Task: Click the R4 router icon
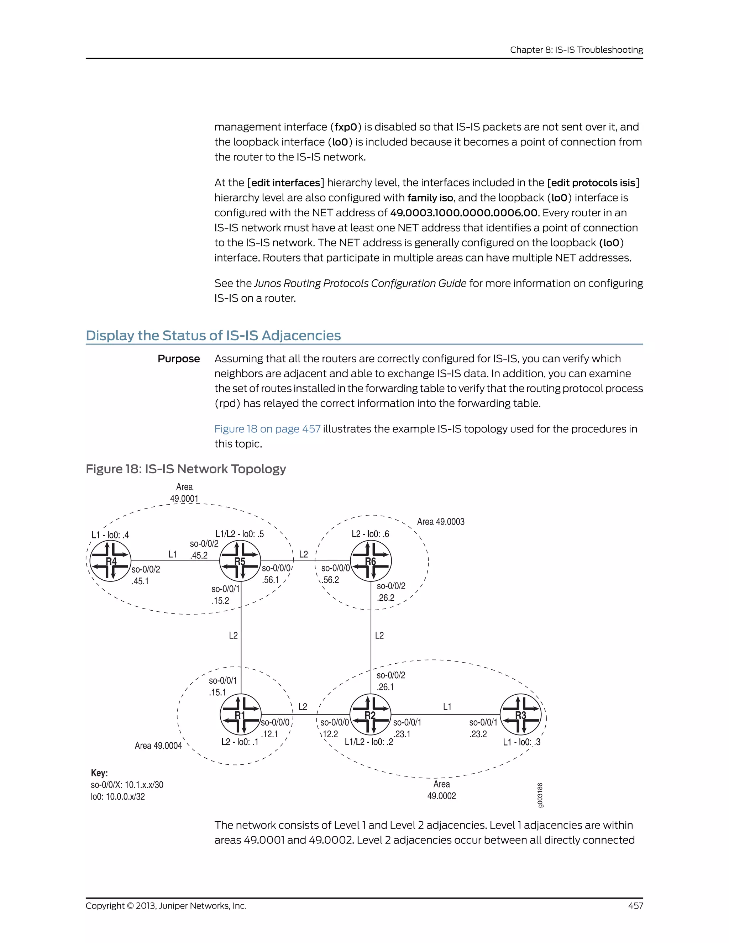tap(111, 561)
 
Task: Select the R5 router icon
tap(240, 561)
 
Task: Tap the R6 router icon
tap(371, 561)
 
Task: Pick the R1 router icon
tap(240, 715)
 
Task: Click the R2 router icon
tap(370, 715)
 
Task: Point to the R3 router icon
tap(520, 715)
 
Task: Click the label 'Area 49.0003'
tap(441, 522)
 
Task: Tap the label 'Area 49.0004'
tap(158, 746)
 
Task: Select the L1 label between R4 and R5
tap(172, 554)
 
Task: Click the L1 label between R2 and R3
tap(447, 707)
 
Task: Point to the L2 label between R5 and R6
tap(304, 554)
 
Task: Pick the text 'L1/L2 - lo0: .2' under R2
tap(369, 742)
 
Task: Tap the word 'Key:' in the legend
tap(99, 773)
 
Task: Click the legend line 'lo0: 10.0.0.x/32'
tap(118, 797)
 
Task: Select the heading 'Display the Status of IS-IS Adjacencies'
tap(213, 336)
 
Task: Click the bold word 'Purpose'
tap(178, 359)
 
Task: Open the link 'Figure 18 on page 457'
tap(267, 429)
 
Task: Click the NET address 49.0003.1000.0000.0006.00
tap(464, 213)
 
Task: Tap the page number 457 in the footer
tap(635, 906)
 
